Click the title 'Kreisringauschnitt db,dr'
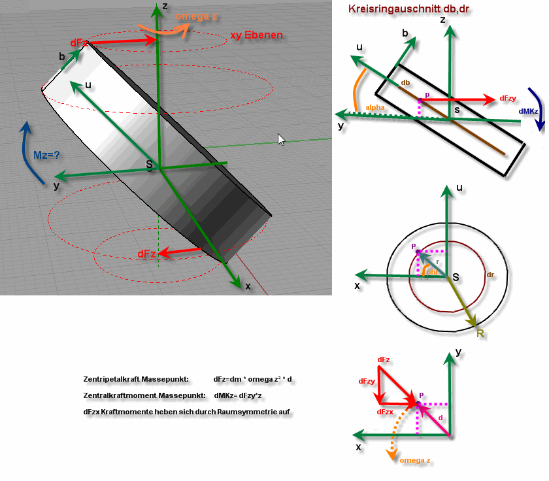408,9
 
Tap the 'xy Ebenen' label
257,35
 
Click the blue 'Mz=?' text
46,155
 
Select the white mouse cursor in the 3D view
282,139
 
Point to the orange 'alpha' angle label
375,107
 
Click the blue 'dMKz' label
528,111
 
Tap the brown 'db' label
405,82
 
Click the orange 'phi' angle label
432,272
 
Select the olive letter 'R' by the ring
480,333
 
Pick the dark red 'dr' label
490,274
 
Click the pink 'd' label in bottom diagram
441,418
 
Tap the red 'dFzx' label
385,412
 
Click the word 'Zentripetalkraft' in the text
112,379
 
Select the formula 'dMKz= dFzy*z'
238,395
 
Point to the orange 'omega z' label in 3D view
196,16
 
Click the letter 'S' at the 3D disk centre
149,164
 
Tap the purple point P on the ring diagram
418,252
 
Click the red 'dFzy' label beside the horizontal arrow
508,99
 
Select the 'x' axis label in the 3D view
248,286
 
